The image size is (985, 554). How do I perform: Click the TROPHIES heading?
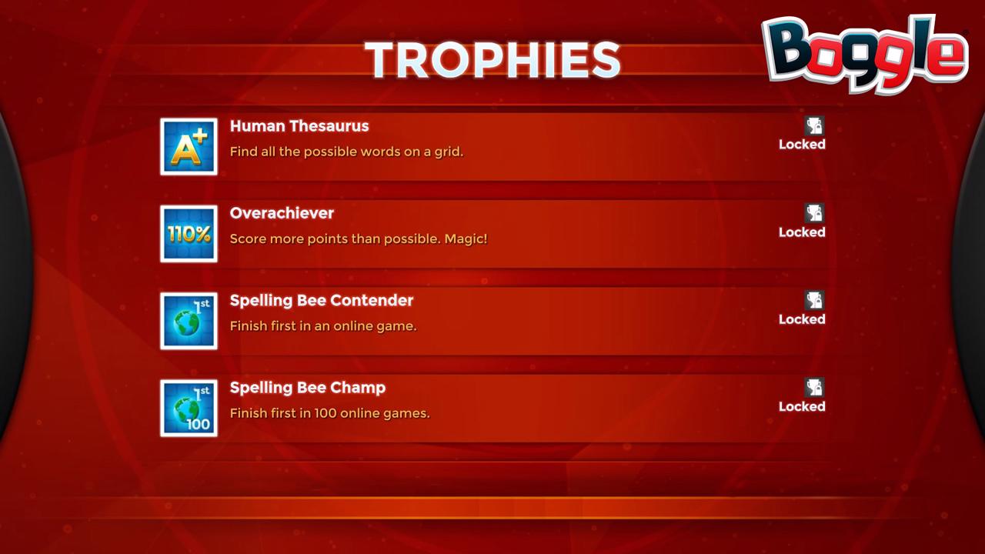tap(492, 60)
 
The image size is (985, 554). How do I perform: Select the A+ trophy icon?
tap(189, 146)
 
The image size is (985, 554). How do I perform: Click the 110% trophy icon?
tap(189, 233)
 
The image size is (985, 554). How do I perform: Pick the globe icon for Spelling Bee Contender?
tap(189, 321)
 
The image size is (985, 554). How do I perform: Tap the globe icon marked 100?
tap(189, 408)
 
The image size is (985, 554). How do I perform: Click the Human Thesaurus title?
tap(299, 126)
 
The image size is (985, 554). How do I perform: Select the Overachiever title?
tap(282, 213)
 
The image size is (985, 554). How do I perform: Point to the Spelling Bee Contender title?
tap(322, 301)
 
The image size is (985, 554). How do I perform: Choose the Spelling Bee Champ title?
tap(308, 388)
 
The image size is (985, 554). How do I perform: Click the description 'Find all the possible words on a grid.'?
tap(346, 152)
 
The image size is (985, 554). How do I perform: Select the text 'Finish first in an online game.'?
tap(323, 326)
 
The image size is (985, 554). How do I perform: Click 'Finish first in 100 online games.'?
tap(330, 413)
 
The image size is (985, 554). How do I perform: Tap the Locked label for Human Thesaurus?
tap(802, 144)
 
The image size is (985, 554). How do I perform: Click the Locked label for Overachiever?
tap(802, 232)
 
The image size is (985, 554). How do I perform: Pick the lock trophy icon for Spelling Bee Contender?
tap(814, 300)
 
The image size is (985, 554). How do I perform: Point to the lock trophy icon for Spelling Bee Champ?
tap(814, 387)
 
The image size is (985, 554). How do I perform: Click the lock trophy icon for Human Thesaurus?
tap(814, 125)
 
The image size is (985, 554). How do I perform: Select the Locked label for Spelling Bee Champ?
tap(802, 406)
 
